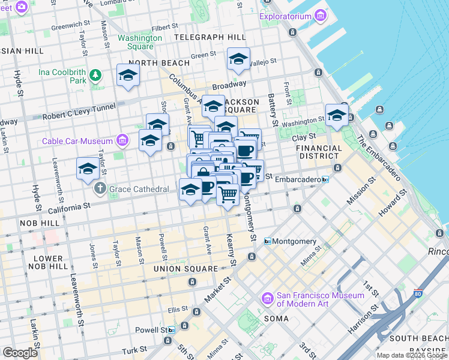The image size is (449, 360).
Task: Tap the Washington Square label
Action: click(140, 42)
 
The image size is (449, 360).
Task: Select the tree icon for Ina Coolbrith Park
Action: click(95, 76)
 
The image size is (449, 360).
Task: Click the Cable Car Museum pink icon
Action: click(122, 141)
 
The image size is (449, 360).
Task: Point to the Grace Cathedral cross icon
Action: click(100, 189)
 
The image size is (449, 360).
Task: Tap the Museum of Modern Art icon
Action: click(268, 298)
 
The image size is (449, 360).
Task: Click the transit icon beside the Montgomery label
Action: click(268, 241)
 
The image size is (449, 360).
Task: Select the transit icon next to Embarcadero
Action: click(325, 179)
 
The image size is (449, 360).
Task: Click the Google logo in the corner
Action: click(20, 353)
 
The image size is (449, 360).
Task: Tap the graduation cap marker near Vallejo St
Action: click(238, 59)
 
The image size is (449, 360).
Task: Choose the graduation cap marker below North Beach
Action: click(128, 76)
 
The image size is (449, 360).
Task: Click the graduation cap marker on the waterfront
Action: click(337, 115)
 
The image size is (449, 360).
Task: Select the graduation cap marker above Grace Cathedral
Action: click(88, 169)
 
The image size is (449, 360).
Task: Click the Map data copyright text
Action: click(412, 355)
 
